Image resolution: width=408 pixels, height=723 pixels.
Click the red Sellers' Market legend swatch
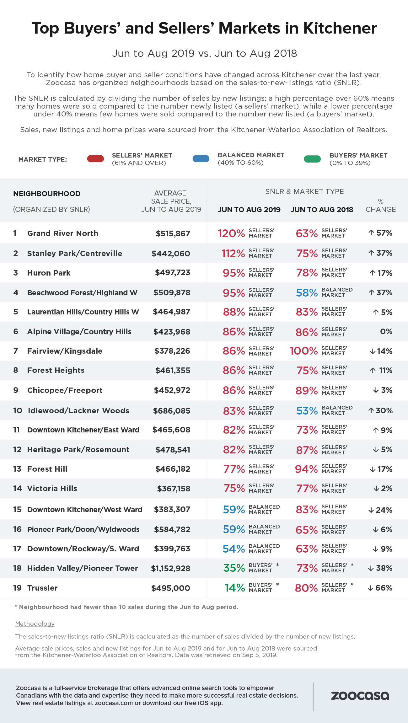click(x=95, y=159)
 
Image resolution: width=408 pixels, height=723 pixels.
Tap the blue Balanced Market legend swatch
click(x=201, y=159)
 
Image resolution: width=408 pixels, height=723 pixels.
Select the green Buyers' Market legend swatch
click(x=312, y=159)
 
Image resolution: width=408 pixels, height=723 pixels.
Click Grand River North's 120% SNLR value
click(x=231, y=233)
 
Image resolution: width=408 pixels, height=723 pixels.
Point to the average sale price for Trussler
click(x=171, y=588)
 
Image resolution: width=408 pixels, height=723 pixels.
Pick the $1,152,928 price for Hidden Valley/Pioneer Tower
click(x=171, y=568)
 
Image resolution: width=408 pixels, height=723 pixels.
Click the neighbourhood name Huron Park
click(x=49, y=273)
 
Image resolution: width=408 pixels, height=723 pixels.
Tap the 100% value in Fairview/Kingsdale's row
click(x=303, y=351)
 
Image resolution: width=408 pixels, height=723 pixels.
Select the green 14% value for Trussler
click(x=234, y=588)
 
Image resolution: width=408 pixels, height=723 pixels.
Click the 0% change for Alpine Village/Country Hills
click(x=386, y=332)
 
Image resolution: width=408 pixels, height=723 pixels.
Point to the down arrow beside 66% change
click(x=370, y=588)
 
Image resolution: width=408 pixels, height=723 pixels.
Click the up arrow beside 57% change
click(x=371, y=233)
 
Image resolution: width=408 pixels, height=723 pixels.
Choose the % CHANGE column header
click(x=381, y=206)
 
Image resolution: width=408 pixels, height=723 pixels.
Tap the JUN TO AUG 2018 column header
click(x=322, y=210)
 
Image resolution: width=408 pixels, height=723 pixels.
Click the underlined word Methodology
click(x=35, y=624)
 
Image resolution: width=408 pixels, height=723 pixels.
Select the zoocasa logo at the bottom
click(x=360, y=696)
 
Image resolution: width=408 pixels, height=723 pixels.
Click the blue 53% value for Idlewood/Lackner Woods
click(x=307, y=411)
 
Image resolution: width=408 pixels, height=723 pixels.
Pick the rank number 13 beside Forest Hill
click(x=17, y=469)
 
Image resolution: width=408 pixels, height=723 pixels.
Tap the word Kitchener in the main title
click(x=340, y=28)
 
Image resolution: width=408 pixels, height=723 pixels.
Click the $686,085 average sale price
click(x=172, y=411)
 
